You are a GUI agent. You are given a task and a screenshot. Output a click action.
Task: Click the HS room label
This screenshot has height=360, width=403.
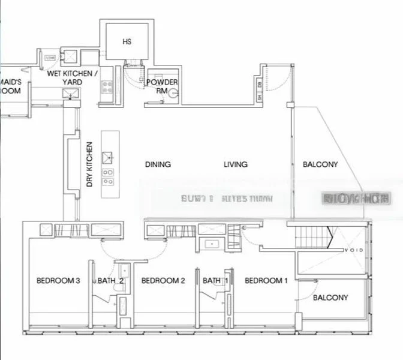[x=127, y=42]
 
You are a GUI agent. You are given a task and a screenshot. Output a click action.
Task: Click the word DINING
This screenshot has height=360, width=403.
[x=158, y=164]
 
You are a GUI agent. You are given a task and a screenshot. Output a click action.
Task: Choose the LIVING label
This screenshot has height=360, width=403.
[x=236, y=164]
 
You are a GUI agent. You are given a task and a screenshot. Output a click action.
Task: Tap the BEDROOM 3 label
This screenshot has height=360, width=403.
[x=58, y=280]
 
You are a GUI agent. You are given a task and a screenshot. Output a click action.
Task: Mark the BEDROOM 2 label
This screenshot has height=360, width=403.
[x=163, y=280]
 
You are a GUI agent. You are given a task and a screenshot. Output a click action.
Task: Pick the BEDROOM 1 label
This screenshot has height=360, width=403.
[x=267, y=280]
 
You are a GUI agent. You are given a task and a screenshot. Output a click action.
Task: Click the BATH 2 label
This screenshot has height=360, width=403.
[x=111, y=280]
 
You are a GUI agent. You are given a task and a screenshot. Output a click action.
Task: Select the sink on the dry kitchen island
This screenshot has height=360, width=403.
[x=109, y=158]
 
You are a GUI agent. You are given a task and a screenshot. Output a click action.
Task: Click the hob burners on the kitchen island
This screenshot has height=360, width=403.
[x=109, y=176]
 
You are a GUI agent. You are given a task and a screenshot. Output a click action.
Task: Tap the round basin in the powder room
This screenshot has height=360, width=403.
[x=174, y=93]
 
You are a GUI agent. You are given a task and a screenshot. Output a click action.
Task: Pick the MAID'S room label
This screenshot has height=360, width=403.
[x=10, y=86]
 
